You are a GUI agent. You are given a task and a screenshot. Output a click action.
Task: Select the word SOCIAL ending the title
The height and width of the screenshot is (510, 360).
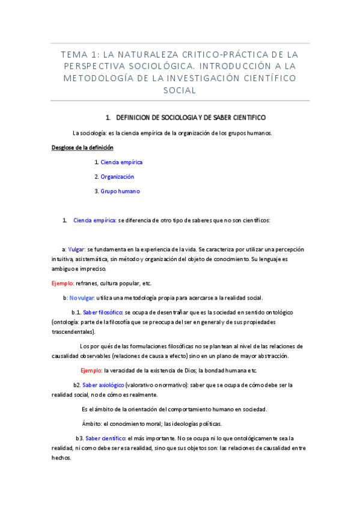[x=180, y=90]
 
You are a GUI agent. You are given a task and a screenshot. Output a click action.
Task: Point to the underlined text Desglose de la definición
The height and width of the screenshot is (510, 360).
[x=82, y=147]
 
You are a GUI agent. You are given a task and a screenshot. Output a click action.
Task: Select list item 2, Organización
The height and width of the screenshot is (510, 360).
[x=117, y=177]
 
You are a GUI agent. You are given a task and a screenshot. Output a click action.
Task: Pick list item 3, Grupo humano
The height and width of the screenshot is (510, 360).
[x=120, y=191]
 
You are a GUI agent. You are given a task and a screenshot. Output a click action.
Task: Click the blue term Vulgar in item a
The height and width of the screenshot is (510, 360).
[x=76, y=249]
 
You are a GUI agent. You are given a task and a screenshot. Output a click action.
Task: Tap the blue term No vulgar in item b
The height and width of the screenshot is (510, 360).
[x=82, y=298]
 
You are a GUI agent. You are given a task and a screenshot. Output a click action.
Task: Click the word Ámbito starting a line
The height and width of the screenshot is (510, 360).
[x=92, y=423]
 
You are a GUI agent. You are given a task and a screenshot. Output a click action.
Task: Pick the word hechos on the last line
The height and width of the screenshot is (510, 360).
[x=61, y=457]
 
